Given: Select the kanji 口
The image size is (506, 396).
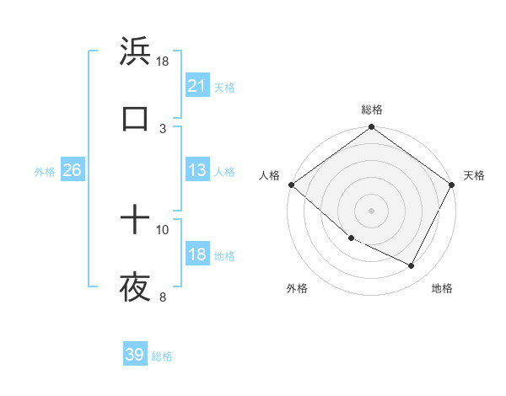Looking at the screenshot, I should [135, 119].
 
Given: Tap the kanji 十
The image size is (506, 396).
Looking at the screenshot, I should [135, 221].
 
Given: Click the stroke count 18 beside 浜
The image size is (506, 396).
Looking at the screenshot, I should [163, 61].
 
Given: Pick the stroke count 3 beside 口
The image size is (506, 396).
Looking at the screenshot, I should [163, 128].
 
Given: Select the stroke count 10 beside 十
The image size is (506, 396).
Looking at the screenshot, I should [163, 229].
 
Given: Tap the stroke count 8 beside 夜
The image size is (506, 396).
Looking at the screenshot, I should [163, 297].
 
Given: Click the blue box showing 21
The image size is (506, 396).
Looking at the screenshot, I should [196, 85].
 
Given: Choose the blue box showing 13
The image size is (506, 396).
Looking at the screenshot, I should [196, 170].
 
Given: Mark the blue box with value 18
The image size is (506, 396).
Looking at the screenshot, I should [196, 254].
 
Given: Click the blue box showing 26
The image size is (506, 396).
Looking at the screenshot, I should [72, 170].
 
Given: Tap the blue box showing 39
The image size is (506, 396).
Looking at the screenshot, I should [135, 355].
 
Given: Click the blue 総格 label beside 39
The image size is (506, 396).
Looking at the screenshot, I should [162, 356].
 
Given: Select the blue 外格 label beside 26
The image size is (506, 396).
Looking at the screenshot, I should [45, 172].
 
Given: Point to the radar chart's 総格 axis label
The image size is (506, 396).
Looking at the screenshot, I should [372, 110].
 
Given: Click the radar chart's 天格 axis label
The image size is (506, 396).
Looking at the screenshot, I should [474, 175].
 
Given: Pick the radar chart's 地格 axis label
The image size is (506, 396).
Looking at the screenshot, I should [442, 288].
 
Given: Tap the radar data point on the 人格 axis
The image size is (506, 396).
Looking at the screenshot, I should [291, 185].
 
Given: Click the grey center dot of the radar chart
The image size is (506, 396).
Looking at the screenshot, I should [371, 211].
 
